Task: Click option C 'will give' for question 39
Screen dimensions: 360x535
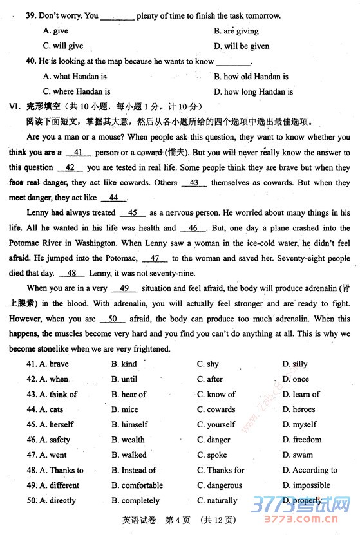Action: pos(63,46)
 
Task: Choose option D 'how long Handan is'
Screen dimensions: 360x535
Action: pos(254,92)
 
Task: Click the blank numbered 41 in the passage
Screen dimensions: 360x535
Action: pos(79,153)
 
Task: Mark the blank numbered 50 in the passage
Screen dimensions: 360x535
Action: pos(112,319)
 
